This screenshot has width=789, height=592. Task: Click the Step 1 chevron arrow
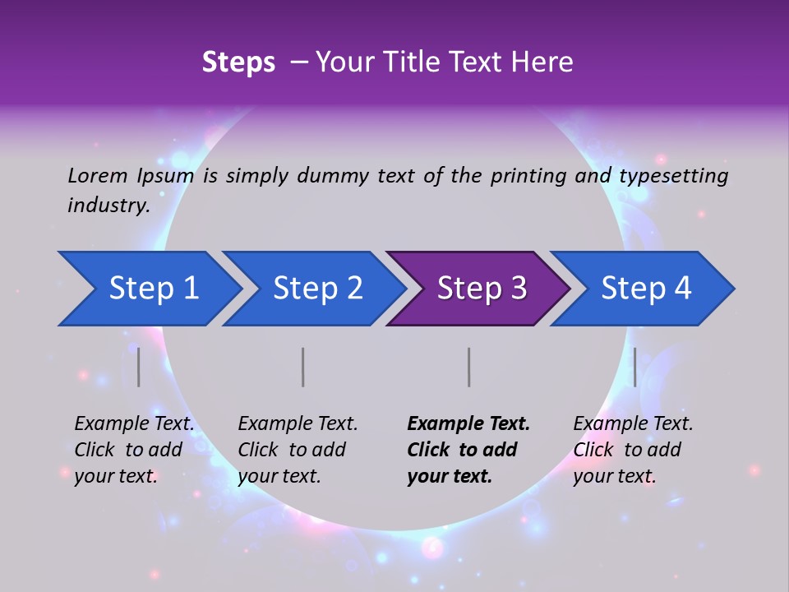point(152,289)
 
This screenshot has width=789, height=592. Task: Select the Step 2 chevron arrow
point(316,289)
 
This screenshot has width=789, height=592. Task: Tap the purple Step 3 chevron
point(481,289)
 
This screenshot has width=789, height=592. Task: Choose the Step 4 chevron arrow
point(645,289)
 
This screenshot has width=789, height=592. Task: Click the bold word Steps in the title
point(238,62)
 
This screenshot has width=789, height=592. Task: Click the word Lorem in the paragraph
point(97,175)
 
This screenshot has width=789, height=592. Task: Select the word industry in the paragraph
point(108,206)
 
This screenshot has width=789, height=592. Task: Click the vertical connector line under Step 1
point(139,367)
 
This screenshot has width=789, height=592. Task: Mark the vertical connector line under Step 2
point(303,367)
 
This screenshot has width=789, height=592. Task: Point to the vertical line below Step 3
point(469,367)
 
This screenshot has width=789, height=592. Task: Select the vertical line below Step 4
point(635,367)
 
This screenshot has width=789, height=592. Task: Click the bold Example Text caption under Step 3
point(468,450)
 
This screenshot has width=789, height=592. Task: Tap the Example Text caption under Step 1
point(134,450)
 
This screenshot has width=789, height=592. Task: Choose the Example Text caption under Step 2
point(298,450)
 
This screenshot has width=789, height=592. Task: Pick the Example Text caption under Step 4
point(633,450)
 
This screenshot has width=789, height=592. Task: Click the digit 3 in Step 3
point(518,289)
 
